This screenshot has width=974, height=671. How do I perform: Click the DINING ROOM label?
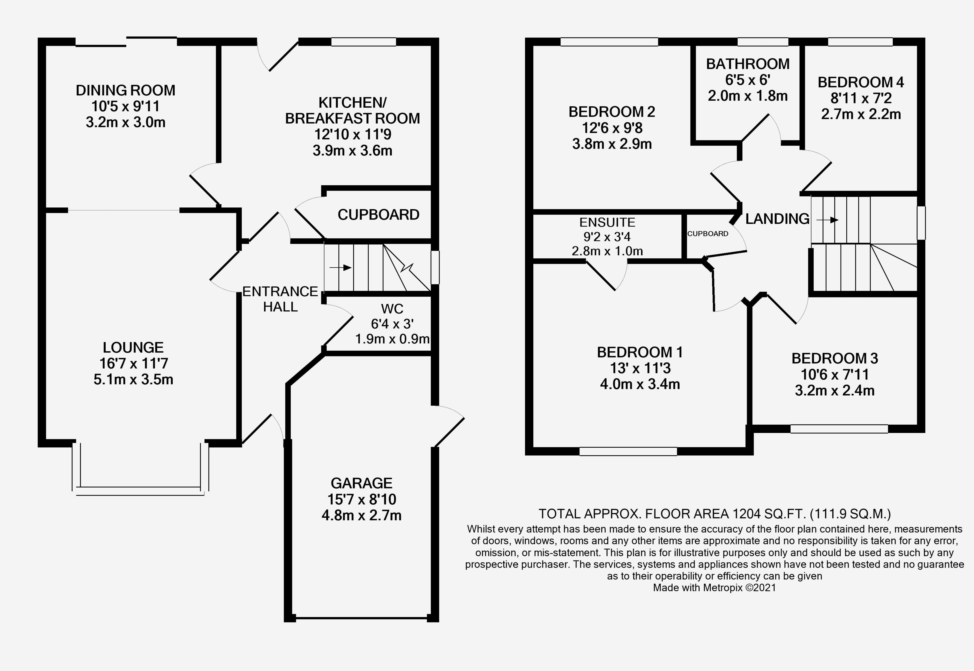click(125, 90)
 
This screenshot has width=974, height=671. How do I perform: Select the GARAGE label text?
click(361, 483)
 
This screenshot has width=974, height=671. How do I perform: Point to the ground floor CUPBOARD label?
click(378, 215)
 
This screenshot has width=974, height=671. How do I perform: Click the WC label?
click(392, 309)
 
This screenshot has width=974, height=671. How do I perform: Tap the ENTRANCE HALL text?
click(280, 299)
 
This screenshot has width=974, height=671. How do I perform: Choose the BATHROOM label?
click(748, 64)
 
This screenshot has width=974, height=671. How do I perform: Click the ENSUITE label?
click(607, 222)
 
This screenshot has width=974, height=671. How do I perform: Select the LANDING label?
click(777, 219)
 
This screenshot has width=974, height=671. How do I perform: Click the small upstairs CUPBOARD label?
click(708, 234)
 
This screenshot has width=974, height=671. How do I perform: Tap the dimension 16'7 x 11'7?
click(133, 363)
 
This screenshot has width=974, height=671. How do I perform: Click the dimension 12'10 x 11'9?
click(353, 134)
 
